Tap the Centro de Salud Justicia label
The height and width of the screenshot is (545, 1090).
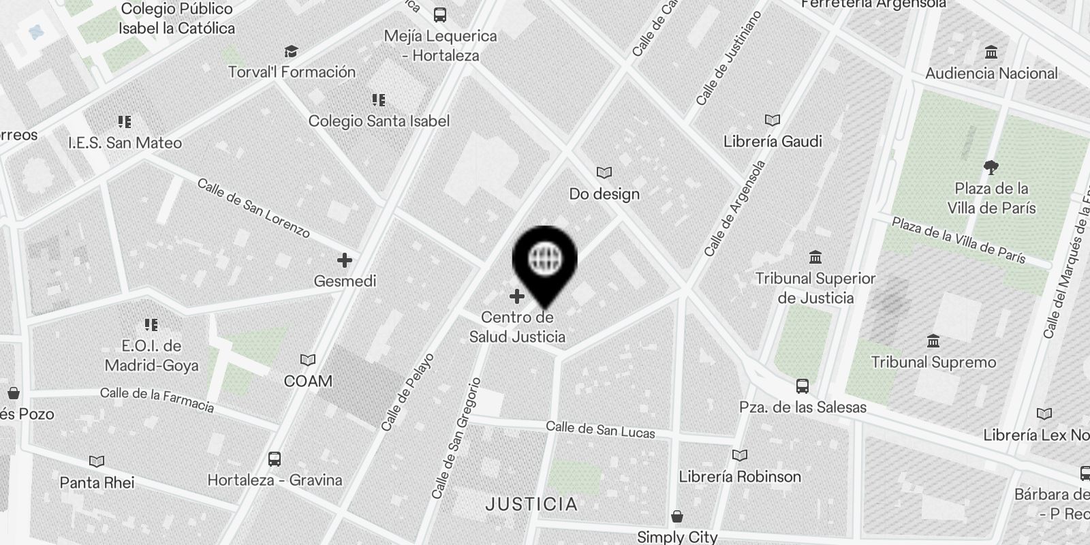coord(517,327)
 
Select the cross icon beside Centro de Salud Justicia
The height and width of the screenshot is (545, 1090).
coord(517,296)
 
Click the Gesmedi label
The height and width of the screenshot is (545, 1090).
coord(345,281)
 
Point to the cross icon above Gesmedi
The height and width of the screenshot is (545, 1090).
coord(345,260)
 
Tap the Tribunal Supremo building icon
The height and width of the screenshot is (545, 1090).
coord(933,341)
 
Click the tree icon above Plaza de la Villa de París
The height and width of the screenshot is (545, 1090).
coord(991,166)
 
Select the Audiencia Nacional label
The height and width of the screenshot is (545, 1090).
coord(991,73)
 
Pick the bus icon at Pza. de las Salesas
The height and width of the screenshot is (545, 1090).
coord(803,386)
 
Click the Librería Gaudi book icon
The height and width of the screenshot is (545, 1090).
coord(772,121)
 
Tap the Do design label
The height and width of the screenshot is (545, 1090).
coord(604,194)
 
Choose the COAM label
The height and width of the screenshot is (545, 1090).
coord(308,381)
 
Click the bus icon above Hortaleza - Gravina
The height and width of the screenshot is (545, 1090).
coord(275,459)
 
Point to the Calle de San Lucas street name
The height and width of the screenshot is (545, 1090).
coord(600,430)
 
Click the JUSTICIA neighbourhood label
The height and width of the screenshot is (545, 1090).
coord(531,504)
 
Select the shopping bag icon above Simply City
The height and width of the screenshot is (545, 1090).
coord(677,516)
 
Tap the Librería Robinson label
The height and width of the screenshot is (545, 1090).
coord(740,476)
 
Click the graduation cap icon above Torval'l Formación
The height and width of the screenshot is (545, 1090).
coord(291,51)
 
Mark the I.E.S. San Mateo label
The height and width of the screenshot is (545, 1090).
coord(125,143)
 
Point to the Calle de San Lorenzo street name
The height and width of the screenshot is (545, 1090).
coord(253,208)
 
